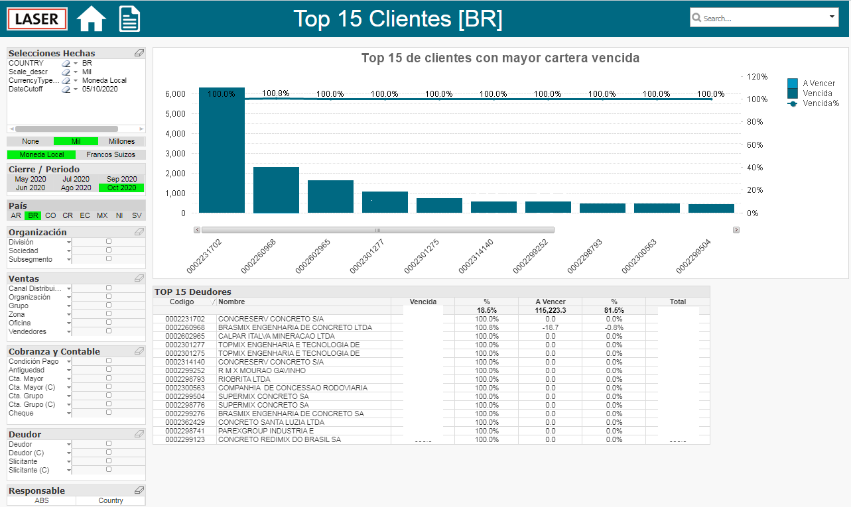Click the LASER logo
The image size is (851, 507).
click(x=37, y=19)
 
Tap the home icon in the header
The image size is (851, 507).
click(x=91, y=19)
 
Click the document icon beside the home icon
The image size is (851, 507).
click(x=129, y=19)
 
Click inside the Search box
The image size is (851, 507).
click(x=760, y=18)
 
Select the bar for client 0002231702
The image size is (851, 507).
click(x=222, y=150)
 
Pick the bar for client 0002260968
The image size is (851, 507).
click(x=276, y=190)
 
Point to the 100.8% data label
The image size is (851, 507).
click(x=275, y=93)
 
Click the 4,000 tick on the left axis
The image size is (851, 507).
click(x=175, y=134)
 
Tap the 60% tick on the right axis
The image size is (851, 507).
click(x=755, y=144)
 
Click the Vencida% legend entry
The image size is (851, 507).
click(x=820, y=103)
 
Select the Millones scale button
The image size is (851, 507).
click(x=121, y=141)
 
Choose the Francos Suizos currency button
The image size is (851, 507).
click(x=111, y=154)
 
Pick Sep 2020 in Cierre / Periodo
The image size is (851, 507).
click(x=121, y=179)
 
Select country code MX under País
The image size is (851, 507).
click(x=102, y=215)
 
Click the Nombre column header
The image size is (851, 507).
click(x=231, y=302)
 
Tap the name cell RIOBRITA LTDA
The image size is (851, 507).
click(x=244, y=379)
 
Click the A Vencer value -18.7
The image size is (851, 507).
click(x=550, y=327)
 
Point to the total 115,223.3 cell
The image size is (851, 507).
click(x=550, y=310)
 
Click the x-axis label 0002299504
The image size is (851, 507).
click(x=693, y=256)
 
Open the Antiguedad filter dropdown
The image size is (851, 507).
click(x=69, y=370)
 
